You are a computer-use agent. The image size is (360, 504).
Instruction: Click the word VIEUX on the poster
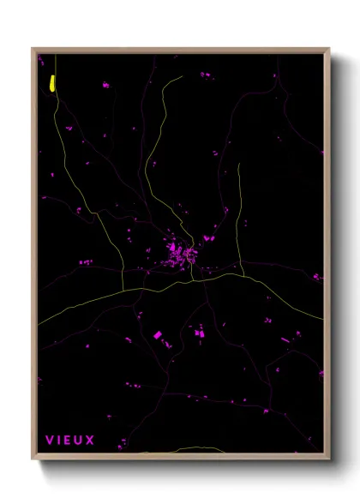pyautogui.click(x=70, y=440)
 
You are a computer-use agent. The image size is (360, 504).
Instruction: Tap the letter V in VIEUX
pyautogui.click(x=50, y=440)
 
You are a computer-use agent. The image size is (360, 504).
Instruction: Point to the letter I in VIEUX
pyautogui.click(x=59, y=440)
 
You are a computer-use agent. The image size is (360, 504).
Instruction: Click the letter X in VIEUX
pyautogui.click(x=91, y=440)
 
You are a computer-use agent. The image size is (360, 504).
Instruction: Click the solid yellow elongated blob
pyautogui.click(x=52, y=82)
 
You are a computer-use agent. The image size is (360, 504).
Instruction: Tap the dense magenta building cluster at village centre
pyautogui.click(x=182, y=255)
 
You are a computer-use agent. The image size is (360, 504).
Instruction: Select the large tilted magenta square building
pyautogui.click(x=157, y=334)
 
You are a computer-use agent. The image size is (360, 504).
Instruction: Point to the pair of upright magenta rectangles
pyautogui.click(x=201, y=331)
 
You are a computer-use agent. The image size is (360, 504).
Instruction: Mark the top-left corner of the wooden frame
pyautogui.click(x=33, y=49)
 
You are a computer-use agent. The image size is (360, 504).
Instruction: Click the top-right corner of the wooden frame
pyautogui.click(x=329, y=49)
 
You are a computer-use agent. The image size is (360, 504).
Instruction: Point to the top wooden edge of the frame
pyautogui.click(x=180, y=50)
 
